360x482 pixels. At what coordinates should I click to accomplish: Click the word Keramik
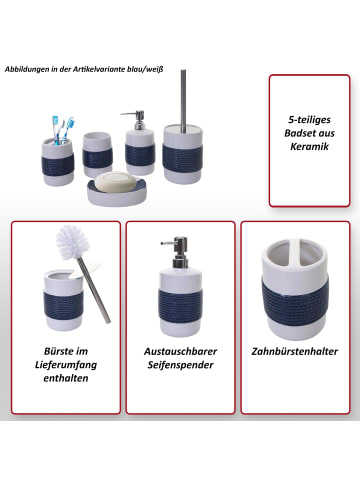[x=309, y=146]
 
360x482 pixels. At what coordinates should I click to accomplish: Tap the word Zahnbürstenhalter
[x=295, y=351]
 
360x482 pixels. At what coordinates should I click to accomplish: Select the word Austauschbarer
[x=180, y=351]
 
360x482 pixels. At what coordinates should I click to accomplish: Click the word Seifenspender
[x=180, y=365]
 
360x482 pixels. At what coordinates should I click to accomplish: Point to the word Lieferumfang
[x=66, y=365]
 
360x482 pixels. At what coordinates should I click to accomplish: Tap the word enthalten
[x=66, y=378]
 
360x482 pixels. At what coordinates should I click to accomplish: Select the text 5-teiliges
[x=309, y=120]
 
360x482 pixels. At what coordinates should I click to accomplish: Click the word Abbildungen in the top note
[x=26, y=69]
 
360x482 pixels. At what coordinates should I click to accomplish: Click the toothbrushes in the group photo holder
[x=63, y=130]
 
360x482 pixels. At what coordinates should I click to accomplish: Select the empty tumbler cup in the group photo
[x=97, y=155]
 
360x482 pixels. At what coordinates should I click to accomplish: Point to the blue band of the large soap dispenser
[x=180, y=306]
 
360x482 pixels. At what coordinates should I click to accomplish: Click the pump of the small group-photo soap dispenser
[x=136, y=120]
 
